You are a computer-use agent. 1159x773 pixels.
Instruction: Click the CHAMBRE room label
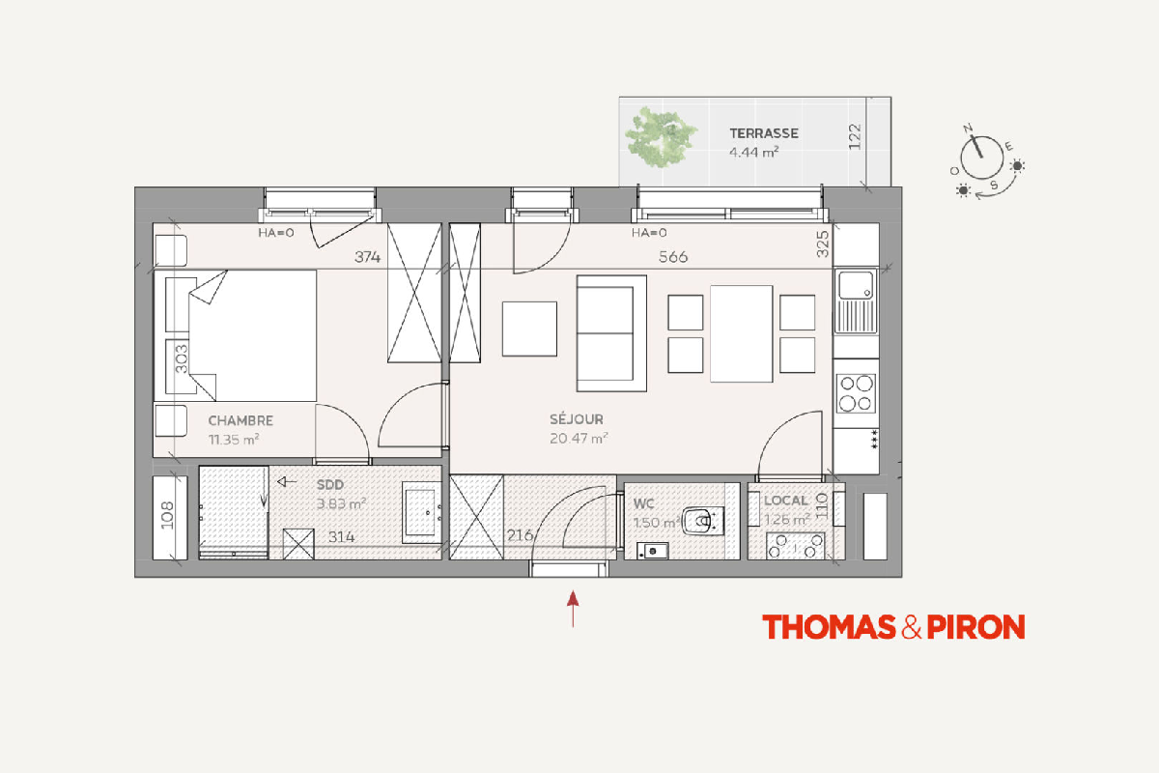(x=240, y=420)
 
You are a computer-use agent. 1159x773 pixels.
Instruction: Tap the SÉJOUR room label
(x=577, y=418)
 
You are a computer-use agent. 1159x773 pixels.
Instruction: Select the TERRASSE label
(x=764, y=133)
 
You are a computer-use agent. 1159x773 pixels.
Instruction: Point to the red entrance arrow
(x=573, y=609)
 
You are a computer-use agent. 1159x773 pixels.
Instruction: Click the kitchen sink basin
(x=856, y=285)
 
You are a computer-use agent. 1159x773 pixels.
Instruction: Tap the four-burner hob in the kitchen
(x=856, y=393)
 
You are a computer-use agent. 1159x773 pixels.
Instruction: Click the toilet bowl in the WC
(x=702, y=521)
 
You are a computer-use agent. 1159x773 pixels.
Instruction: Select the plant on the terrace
(x=661, y=136)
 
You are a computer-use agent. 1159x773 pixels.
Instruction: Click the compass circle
(x=981, y=157)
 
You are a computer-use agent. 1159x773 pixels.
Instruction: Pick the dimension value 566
(x=672, y=257)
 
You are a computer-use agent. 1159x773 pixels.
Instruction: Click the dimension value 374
(x=367, y=257)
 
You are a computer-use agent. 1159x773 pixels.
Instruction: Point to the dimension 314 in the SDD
(x=342, y=537)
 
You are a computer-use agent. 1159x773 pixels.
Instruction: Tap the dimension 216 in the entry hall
(x=520, y=535)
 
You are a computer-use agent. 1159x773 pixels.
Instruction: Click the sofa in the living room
(x=611, y=333)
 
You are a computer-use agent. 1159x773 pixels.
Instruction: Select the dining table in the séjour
(x=742, y=333)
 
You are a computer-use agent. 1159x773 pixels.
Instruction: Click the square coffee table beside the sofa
(x=529, y=329)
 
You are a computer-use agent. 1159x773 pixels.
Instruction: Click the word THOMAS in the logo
(x=829, y=627)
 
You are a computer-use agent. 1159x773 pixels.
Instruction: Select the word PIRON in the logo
(x=975, y=627)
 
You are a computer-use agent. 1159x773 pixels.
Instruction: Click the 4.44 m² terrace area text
(x=754, y=153)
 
